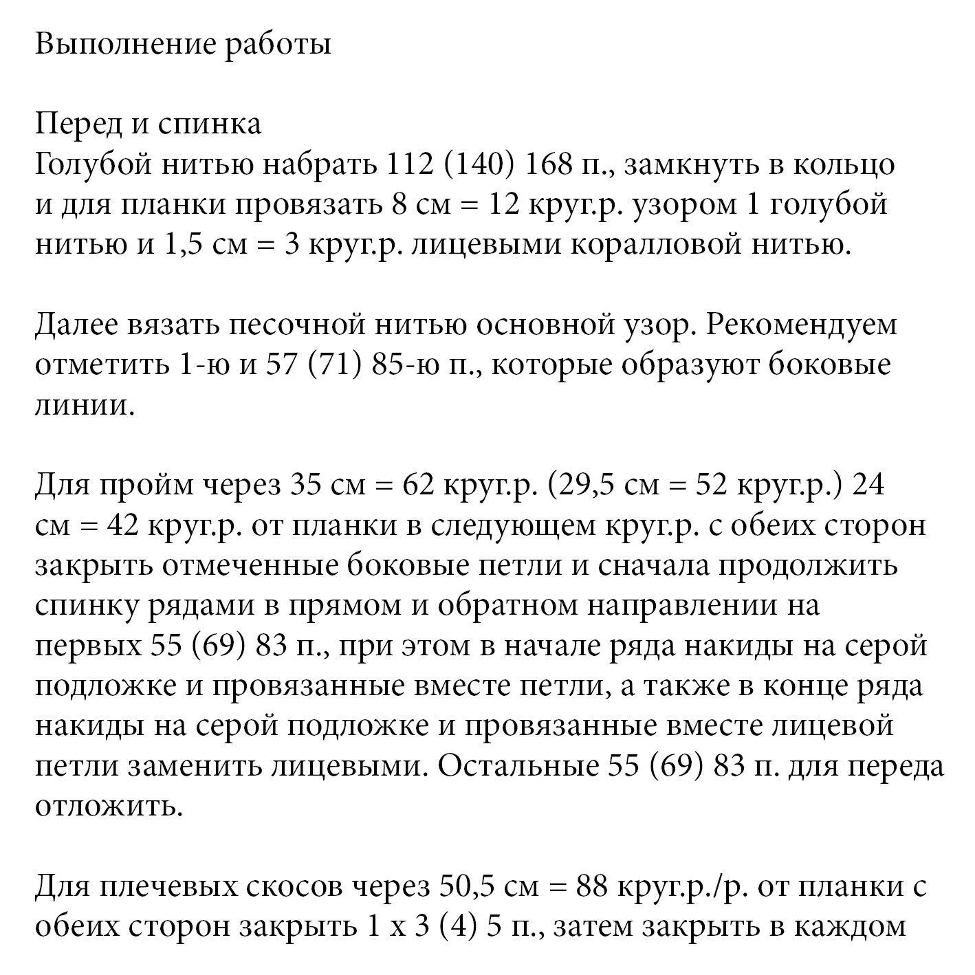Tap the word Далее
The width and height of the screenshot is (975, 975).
(x=76, y=325)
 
